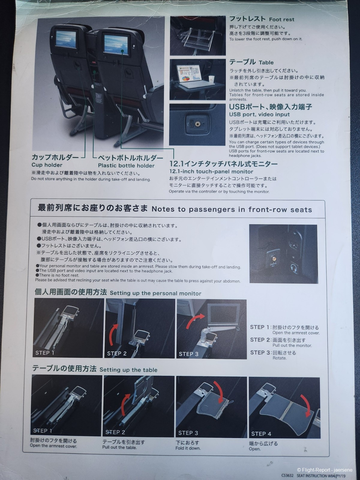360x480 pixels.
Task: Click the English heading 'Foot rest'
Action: click(281, 19)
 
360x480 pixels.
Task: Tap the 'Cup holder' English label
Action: click(47, 165)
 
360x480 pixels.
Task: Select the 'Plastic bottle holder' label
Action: click(126, 166)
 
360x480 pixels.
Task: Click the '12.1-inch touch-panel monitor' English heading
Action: click(211, 171)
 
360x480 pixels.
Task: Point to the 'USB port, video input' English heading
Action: click(259, 114)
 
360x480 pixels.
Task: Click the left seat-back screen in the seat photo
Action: click(66, 39)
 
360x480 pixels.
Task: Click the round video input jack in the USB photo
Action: click(198, 124)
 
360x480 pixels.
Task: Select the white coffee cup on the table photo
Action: click(211, 79)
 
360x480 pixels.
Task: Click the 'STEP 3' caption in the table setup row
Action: click(188, 433)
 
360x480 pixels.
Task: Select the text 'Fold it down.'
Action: click(188, 448)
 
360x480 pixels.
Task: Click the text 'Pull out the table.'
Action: click(119, 447)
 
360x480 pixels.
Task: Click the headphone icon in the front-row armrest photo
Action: click(294, 268)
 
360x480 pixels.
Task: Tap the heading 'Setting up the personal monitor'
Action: click(155, 293)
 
